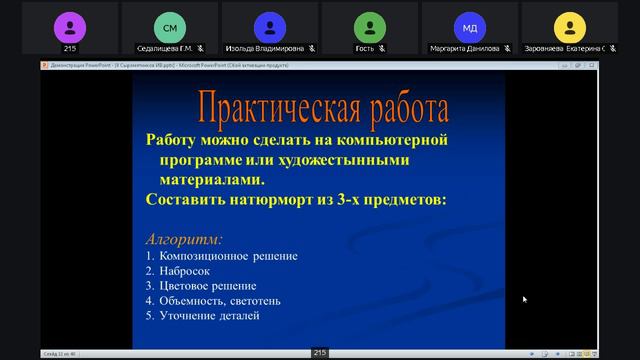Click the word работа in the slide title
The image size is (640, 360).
coord(398,107)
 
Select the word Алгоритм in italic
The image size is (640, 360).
coord(184,239)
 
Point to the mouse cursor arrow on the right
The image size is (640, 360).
coord(525,299)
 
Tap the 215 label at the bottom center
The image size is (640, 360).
coord(320,353)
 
